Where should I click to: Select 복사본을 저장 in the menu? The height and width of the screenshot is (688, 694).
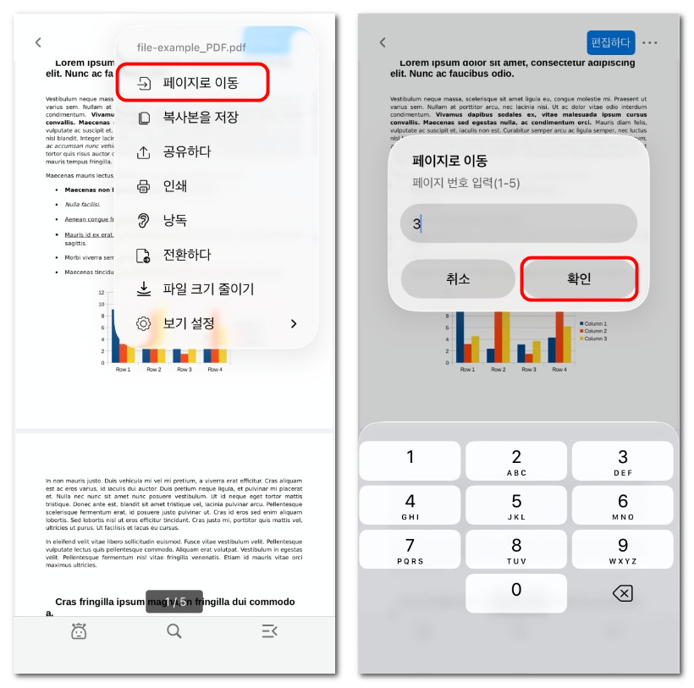point(200,118)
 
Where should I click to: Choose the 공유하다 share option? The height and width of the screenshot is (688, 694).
point(186,152)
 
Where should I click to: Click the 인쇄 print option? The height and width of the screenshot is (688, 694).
point(174,186)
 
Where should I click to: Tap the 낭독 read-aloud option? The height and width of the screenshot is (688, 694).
point(174,220)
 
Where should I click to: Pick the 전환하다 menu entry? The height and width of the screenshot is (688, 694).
point(186,255)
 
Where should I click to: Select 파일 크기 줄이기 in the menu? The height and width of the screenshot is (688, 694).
point(207,289)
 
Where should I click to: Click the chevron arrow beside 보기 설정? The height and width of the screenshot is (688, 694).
point(294,323)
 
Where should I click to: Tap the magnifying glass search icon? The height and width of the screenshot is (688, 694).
point(174,630)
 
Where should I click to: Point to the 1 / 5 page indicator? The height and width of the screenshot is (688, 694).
point(174,602)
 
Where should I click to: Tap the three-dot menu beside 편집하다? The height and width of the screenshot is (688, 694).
point(649,42)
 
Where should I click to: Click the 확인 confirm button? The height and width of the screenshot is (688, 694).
point(579,279)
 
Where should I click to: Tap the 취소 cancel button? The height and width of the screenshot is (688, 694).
point(458,279)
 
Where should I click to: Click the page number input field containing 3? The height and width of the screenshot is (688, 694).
point(518,223)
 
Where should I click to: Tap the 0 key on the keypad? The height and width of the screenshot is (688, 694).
point(516,592)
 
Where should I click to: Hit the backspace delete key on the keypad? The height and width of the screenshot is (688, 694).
point(622,593)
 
